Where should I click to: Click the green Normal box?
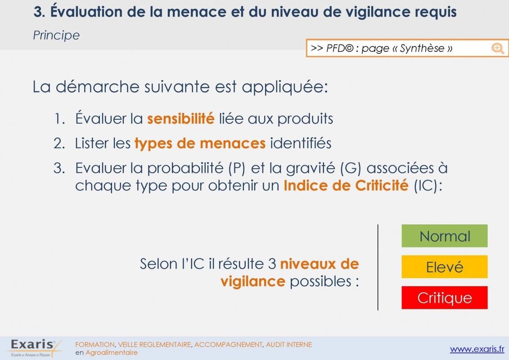[x=444, y=236]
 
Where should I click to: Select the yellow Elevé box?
[x=444, y=266]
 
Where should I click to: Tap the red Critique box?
[x=444, y=297]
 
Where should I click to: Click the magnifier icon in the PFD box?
[x=498, y=48]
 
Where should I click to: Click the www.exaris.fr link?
[x=477, y=349]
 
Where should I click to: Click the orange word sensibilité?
[x=181, y=118]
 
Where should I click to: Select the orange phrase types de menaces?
[x=200, y=144]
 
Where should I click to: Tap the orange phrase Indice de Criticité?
[x=346, y=185]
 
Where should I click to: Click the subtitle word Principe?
[x=56, y=35]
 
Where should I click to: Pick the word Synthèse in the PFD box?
[x=422, y=48]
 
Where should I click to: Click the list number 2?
[x=59, y=144]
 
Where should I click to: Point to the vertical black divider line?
[x=378, y=267]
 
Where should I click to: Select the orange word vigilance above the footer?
[x=253, y=281]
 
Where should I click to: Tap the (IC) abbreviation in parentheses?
[x=428, y=186]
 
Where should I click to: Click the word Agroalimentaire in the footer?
[x=111, y=352]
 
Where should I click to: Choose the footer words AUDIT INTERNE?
[x=289, y=344]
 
